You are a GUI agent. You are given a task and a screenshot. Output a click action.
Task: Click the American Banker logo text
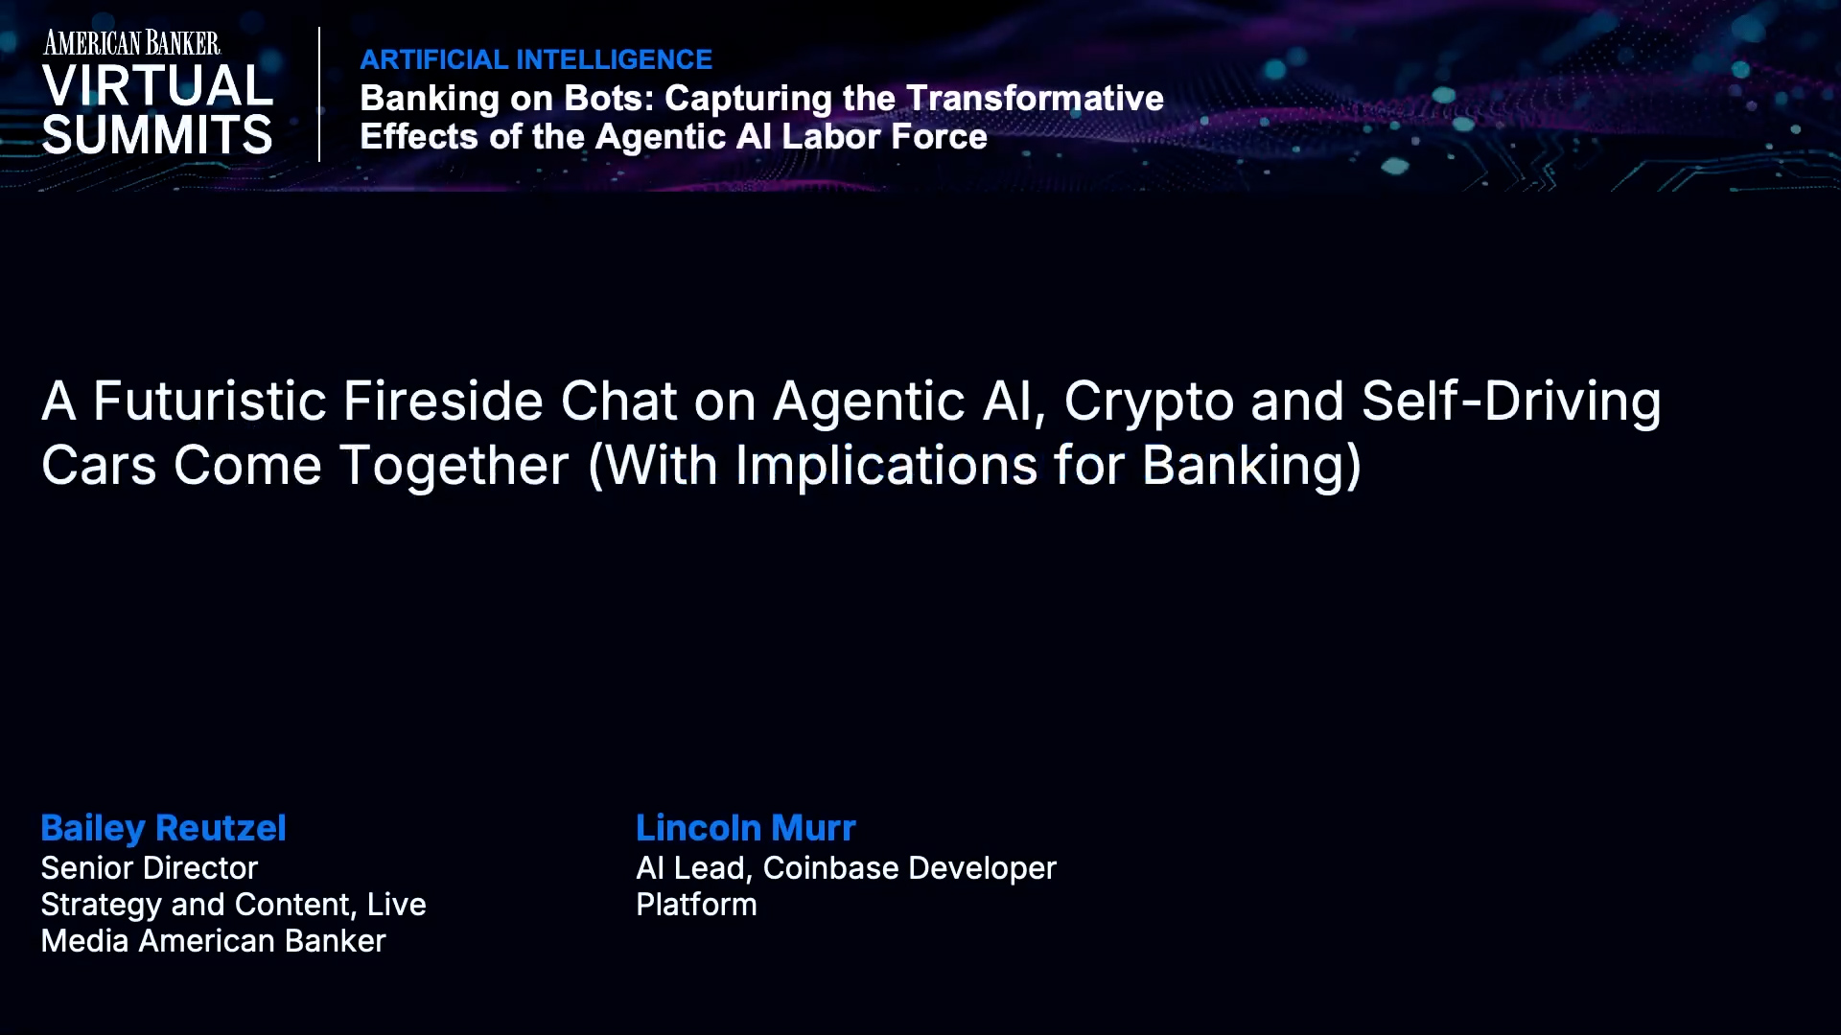131,43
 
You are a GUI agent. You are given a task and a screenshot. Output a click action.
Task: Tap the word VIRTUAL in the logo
157,86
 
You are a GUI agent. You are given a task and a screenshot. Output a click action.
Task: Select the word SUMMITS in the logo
157,135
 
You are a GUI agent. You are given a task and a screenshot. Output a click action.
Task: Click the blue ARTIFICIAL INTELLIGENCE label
536,59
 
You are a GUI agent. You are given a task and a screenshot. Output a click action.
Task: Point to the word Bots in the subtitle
608,98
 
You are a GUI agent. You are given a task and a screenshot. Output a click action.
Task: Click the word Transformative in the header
1035,98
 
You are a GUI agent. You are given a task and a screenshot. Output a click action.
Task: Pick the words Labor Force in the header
884,136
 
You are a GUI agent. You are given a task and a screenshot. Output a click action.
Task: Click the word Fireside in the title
443,401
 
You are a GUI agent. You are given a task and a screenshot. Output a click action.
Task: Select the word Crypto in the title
1148,402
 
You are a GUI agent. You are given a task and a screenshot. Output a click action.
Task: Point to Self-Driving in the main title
1510,401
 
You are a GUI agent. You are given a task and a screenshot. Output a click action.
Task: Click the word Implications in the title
886,466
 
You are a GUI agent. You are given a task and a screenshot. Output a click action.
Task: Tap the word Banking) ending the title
1251,466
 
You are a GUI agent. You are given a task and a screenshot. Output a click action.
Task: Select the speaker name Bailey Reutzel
163,828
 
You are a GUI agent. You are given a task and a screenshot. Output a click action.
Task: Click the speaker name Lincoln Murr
745,828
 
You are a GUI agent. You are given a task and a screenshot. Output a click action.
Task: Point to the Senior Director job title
150,868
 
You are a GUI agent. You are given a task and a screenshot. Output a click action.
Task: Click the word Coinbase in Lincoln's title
829,868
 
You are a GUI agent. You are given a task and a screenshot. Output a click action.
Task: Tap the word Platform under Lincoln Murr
696,905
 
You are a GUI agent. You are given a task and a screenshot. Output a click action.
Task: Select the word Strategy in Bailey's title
101,906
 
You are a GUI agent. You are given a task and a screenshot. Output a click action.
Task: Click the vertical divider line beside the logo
319,94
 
